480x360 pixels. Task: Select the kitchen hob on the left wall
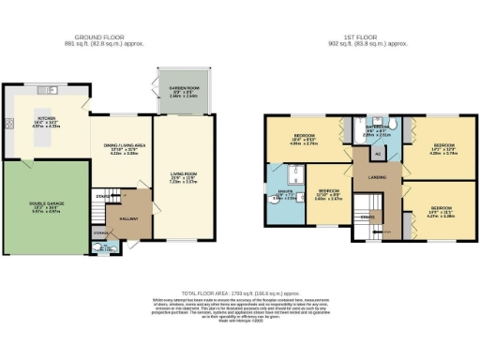tap(9, 123)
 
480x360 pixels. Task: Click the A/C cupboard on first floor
tap(378, 154)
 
